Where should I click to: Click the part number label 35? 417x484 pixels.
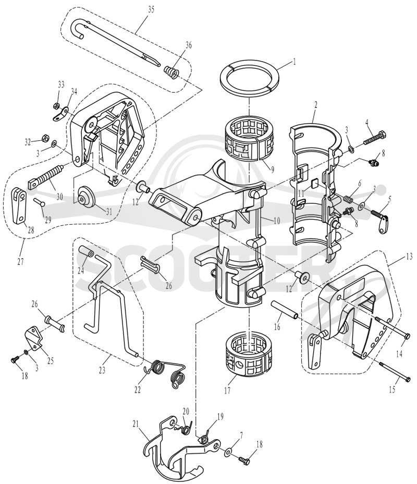151,9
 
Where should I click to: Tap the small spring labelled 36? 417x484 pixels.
171,72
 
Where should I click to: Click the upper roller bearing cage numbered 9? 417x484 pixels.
249,140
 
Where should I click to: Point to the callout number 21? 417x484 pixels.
137,425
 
